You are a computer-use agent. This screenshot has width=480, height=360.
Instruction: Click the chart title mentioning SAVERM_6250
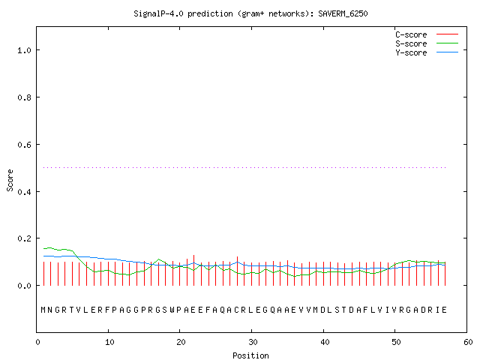[250, 13]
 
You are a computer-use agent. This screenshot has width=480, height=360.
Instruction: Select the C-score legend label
[411, 34]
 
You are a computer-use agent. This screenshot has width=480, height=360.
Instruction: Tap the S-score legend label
[411, 43]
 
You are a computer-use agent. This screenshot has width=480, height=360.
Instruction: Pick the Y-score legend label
[411, 52]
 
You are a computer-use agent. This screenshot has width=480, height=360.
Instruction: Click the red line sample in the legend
[447, 34]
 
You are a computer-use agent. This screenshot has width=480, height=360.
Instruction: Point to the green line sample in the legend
[447, 43]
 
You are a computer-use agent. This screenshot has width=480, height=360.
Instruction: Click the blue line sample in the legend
[447, 52]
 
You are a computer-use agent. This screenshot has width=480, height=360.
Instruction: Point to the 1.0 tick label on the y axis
[25, 50]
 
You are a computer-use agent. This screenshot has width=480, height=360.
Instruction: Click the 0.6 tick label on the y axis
[25, 145]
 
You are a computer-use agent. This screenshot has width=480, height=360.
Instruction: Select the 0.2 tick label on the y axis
[25, 238]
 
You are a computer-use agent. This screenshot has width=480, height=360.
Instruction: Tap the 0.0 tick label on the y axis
[25, 286]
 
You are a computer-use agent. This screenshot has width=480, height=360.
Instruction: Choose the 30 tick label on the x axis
[253, 342]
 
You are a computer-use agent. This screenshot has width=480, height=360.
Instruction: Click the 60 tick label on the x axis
[468, 342]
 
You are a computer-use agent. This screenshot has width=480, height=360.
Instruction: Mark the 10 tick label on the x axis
[109, 342]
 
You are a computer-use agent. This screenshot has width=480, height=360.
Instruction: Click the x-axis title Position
[250, 355]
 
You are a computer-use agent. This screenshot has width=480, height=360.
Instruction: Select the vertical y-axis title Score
[10, 180]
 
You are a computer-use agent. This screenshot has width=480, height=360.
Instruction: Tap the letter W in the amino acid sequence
[172, 310]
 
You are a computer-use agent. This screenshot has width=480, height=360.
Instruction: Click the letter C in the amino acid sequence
[237, 310]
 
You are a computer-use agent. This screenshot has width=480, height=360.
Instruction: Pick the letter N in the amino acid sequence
[50, 310]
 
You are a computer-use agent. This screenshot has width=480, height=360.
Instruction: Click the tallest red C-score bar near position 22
[193, 270]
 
